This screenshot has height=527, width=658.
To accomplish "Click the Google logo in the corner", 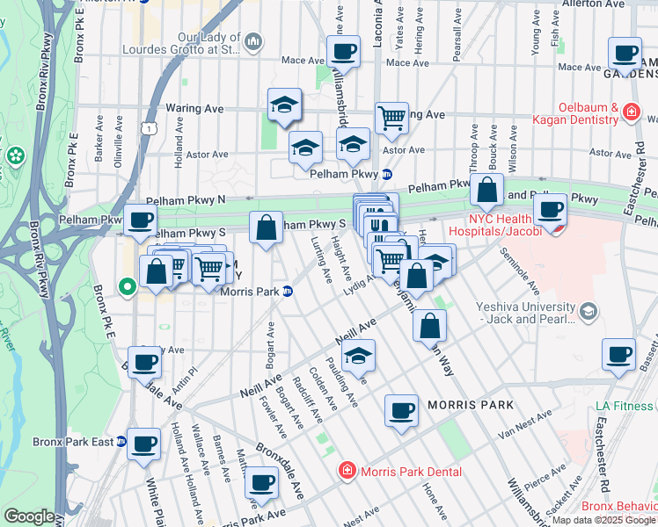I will click(x=29, y=516).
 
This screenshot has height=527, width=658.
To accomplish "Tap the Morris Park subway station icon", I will click(x=287, y=292).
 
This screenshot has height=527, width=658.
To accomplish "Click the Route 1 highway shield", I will click(x=151, y=128).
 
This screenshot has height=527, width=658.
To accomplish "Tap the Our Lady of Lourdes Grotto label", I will click(x=208, y=44).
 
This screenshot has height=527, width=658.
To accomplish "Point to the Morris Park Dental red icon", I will click(x=347, y=472).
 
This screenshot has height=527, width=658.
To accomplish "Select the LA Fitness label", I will click(x=623, y=406).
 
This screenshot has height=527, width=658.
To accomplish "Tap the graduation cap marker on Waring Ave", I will click(x=284, y=105).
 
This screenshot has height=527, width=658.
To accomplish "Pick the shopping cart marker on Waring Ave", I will click(x=391, y=117).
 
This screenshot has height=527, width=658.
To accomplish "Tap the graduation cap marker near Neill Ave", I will click(x=358, y=357).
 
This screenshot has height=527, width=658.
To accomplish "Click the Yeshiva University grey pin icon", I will click(x=587, y=310).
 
